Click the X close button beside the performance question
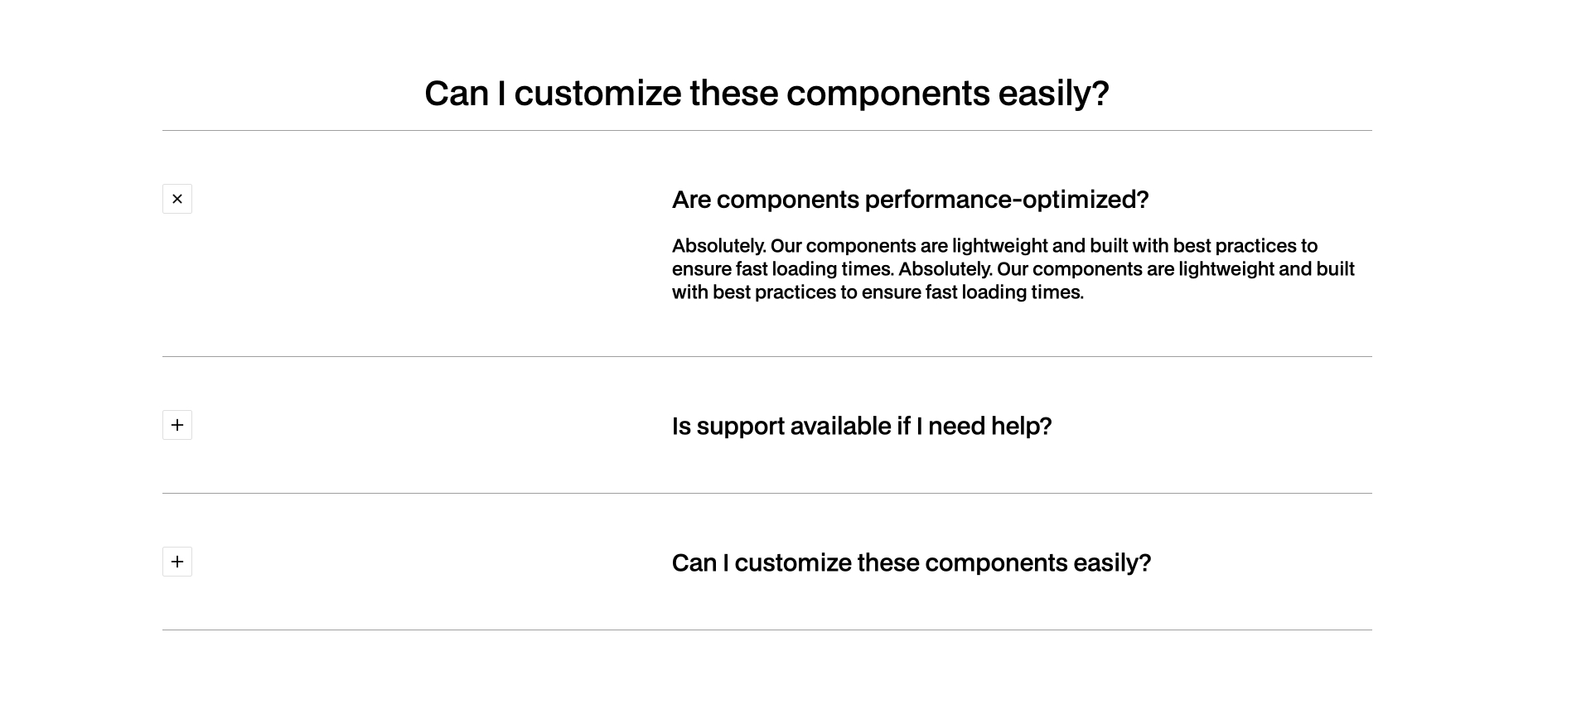[177, 199]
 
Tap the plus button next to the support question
[177, 425]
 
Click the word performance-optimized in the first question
[1006, 200]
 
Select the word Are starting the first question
[691, 200]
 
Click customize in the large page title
[597, 93]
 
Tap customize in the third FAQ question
[793, 562]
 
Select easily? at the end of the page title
[1053, 93]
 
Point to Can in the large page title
[456, 93]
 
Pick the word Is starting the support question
[681, 426]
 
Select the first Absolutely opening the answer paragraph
[718, 246]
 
